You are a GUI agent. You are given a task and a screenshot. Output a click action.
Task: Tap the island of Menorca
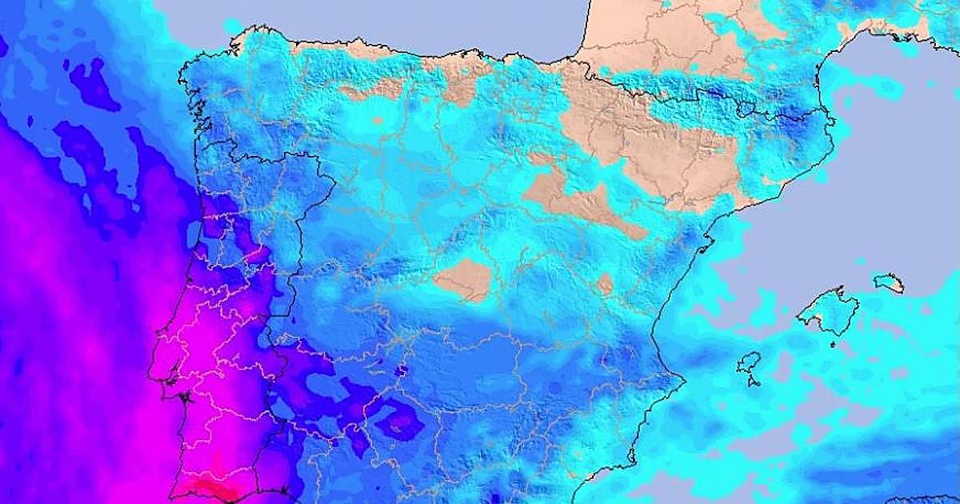[x=887, y=282]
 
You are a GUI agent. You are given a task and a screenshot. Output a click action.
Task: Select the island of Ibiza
[x=749, y=364]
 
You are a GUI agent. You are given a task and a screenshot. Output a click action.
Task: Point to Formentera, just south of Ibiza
[x=754, y=382]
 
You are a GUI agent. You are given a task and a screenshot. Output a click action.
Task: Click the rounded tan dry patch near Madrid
[x=464, y=279]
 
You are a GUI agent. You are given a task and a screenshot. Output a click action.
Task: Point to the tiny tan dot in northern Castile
[x=377, y=122]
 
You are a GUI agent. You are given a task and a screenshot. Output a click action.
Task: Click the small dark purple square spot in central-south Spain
[x=402, y=371]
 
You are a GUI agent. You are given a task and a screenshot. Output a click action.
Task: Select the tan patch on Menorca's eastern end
[x=897, y=284]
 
